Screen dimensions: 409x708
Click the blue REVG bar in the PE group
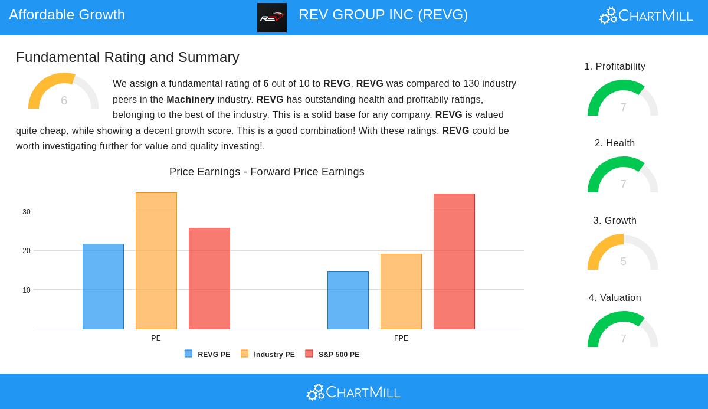pos(103,286)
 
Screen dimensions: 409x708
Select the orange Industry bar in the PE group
pos(156,261)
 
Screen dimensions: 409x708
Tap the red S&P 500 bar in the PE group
pos(209,279)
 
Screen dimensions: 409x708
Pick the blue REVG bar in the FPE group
pos(348,300)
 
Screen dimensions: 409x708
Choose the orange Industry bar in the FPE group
pos(401,292)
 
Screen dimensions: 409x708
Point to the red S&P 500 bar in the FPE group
pos(454,261)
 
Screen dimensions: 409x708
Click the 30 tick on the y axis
pos(27,212)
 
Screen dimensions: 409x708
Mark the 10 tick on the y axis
pos(27,290)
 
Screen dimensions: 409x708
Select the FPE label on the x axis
pos(401,338)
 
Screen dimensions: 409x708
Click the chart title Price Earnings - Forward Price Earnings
pos(267,172)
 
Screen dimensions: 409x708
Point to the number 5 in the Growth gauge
pos(623,261)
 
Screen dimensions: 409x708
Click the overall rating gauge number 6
pos(64,100)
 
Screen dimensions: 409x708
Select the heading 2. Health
pos(615,143)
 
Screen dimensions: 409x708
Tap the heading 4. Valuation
pos(615,298)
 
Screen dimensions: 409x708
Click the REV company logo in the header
pos(272,18)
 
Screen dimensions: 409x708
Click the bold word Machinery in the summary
pos(190,100)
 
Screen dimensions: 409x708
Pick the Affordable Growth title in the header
pos(67,15)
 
